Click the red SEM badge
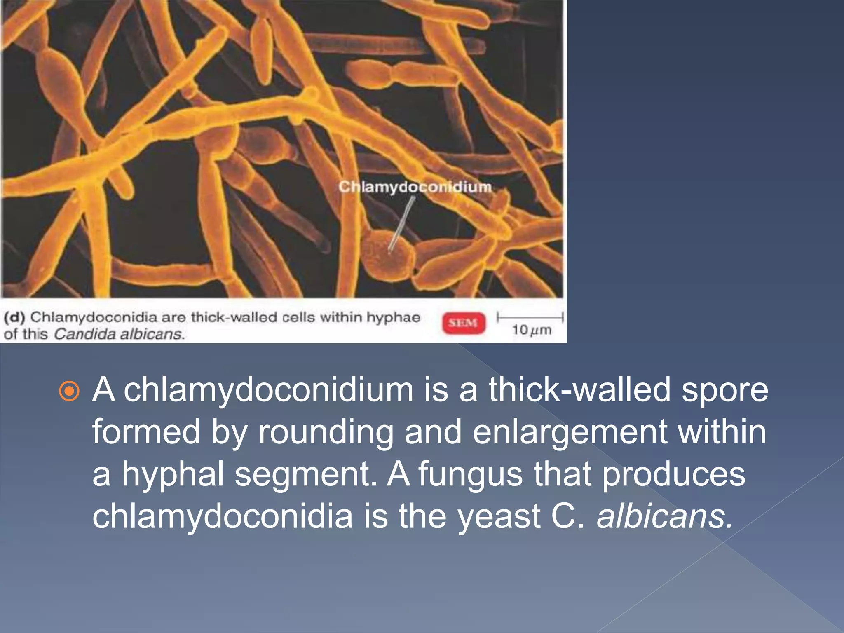pyautogui.click(x=464, y=323)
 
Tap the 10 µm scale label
pyautogui.click(x=531, y=330)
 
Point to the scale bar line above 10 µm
pyautogui.click(x=530, y=317)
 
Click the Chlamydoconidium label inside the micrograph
pyautogui.click(x=415, y=187)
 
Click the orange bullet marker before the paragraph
pyautogui.click(x=69, y=390)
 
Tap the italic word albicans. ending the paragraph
pyautogui.click(x=665, y=516)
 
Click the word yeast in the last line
pyautogui.click(x=499, y=516)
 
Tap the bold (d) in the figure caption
pyautogui.click(x=14, y=317)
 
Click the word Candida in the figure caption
pyautogui.click(x=85, y=334)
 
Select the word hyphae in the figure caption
pyautogui.click(x=393, y=317)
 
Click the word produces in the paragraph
pyautogui.click(x=673, y=474)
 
